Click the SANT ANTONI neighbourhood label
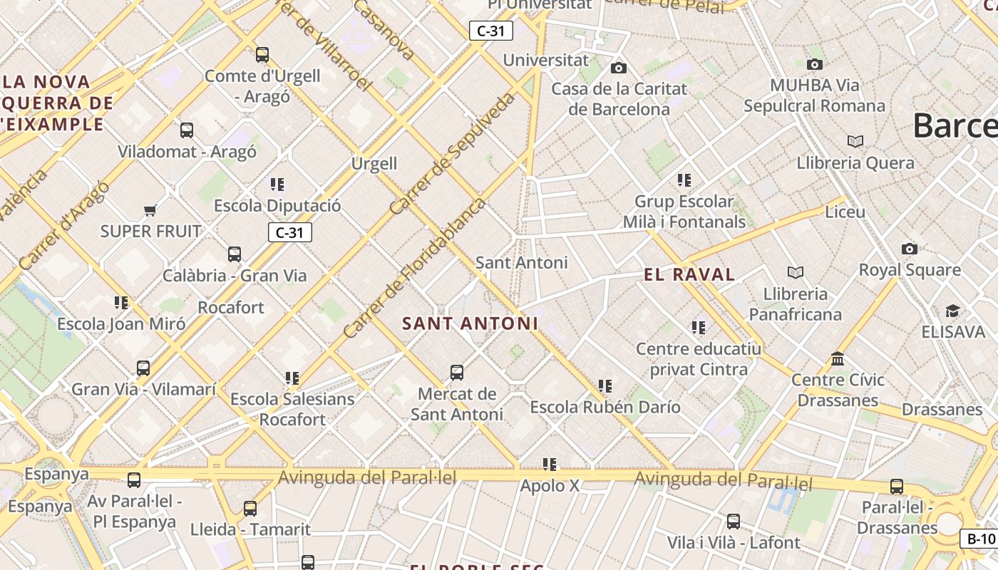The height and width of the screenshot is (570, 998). (470, 323)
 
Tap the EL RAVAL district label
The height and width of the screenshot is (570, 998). (689, 274)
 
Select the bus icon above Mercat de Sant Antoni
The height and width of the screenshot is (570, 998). (457, 372)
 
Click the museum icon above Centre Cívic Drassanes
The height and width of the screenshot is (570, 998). (838, 358)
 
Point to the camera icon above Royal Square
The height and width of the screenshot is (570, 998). (909, 249)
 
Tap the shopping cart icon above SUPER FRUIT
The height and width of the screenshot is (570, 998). (150, 210)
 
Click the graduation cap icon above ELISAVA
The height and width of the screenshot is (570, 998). (952, 311)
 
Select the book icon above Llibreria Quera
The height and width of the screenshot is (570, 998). (855, 141)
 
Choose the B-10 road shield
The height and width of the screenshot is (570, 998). (981, 539)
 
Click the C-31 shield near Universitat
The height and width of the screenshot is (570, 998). (490, 31)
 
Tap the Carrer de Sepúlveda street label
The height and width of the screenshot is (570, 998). (453, 154)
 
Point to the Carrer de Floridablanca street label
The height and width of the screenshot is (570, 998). (413, 268)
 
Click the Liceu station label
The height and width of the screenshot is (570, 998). (845, 212)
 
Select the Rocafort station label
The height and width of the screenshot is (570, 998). (231, 307)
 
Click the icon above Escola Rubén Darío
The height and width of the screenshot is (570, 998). (605, 386)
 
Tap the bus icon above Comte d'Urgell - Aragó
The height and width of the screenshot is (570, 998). (262, 54)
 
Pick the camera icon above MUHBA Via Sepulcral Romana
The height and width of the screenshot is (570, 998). (814, 64)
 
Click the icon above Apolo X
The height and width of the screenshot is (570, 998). (549, 465)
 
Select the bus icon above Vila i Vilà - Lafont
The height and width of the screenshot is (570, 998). (733, 522)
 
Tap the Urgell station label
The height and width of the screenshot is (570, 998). (374, 163)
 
